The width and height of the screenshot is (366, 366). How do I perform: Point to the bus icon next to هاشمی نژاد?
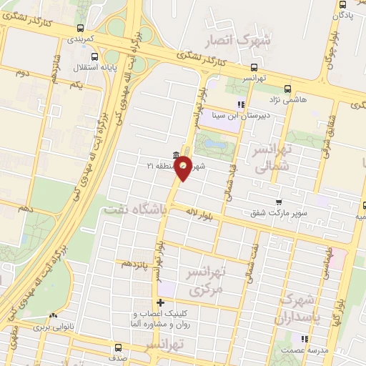[x=287, y=89]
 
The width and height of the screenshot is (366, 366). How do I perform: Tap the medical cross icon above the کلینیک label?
[x=160, y=304]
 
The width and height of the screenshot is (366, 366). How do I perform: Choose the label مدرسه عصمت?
[x=305, y=350]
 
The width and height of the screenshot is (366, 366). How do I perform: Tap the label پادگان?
[x=342, y=13]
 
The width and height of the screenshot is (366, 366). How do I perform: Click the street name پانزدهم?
[x=136, y=264]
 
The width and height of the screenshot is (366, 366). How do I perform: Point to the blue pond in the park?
[x=215, y=147]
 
